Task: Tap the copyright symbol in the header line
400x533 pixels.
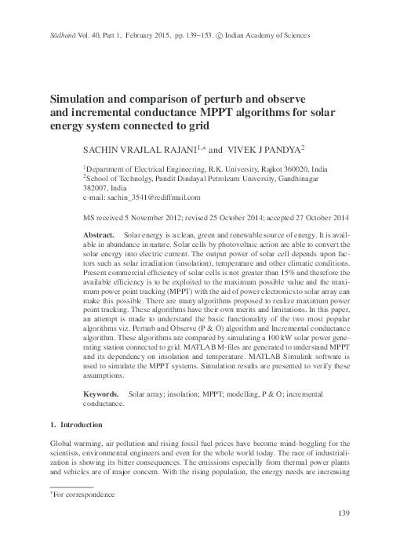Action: [218, 35]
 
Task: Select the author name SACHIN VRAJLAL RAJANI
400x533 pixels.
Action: [136, 148]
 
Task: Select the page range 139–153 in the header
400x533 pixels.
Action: [182, 35]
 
